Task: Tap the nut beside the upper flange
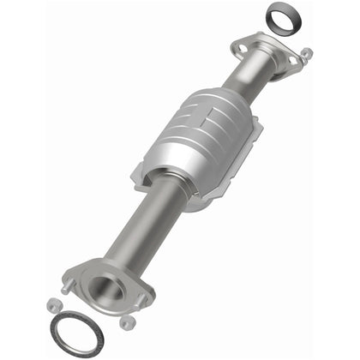[x=307, y=55]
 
